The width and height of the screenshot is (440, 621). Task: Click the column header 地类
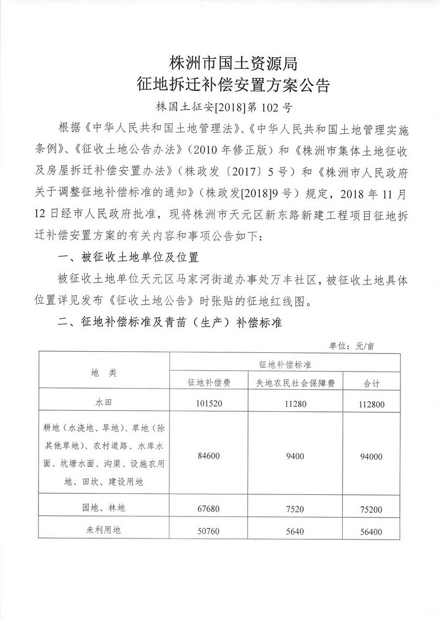103,373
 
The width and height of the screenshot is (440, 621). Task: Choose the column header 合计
372,383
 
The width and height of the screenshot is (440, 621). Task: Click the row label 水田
103,402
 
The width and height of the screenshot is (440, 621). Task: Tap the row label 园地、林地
103,508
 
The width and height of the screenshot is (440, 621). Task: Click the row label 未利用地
103,531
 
